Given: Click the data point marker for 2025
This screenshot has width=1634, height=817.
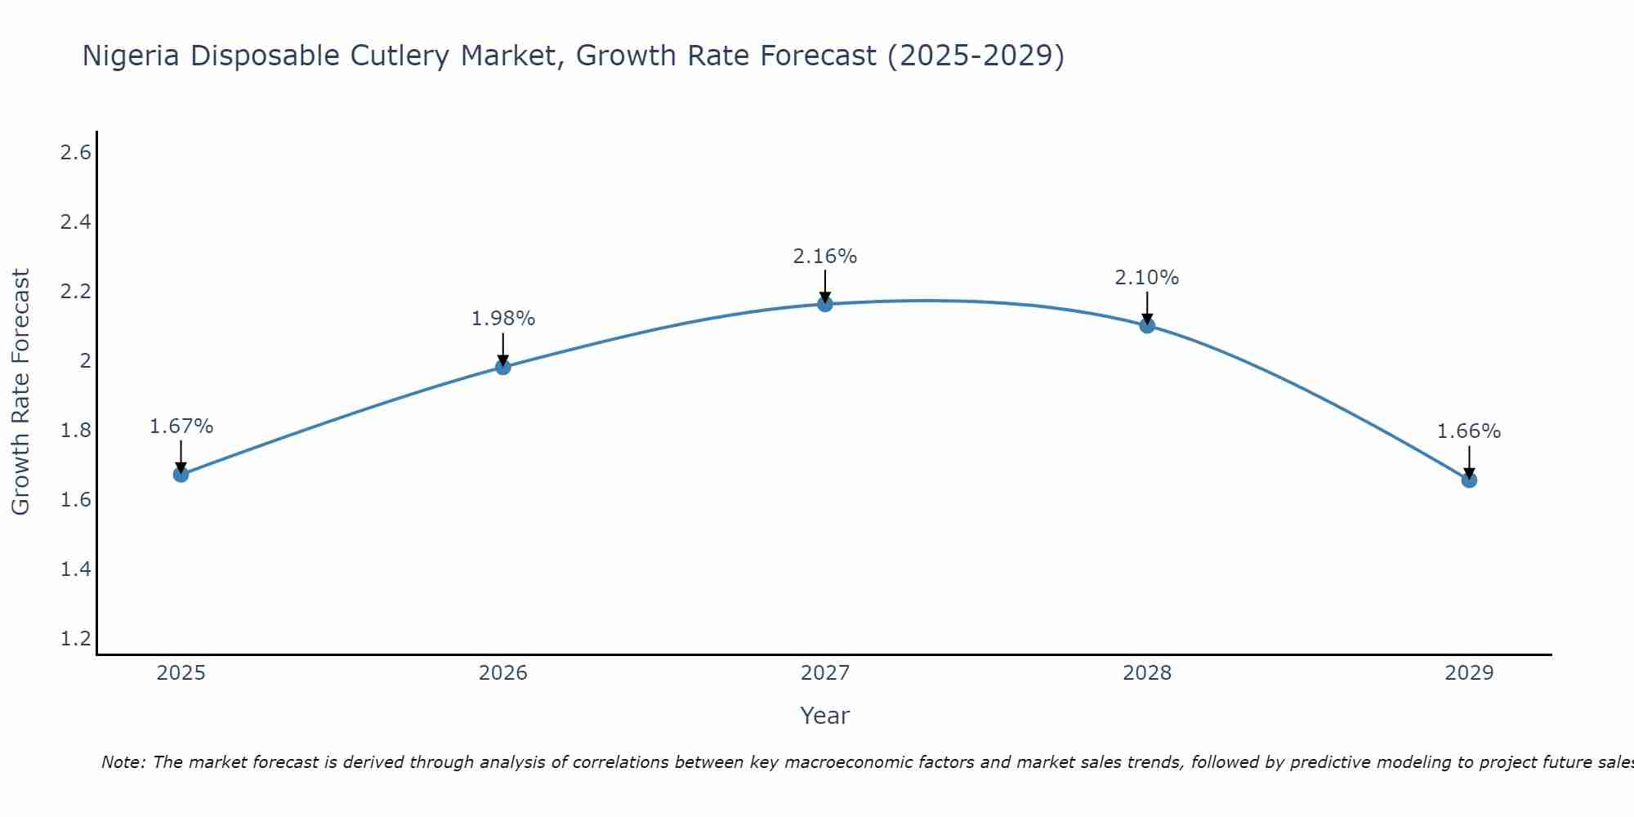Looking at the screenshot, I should tap(181, 475).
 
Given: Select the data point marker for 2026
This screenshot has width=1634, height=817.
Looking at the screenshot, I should tap(503, 367).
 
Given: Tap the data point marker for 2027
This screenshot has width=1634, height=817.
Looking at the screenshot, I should tap(825, 304).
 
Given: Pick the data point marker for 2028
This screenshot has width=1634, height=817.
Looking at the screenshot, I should tap(1147, 325).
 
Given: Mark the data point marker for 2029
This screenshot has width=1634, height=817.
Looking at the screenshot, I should tap(1469, 480).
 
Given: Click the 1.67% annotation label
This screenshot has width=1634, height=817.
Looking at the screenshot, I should tap(181, 426).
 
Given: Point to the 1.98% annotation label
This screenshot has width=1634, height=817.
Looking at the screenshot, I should tap(503, 319).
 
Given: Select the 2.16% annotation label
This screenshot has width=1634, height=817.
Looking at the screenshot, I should tap(825, 257).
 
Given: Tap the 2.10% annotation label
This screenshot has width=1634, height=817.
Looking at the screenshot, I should tap(1147, 278).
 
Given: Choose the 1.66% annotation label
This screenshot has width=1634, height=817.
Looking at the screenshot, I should tap(1469, 431).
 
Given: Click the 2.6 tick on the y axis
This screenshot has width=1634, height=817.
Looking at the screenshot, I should tap(76, 153).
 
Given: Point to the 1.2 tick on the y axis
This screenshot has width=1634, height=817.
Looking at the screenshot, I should tap(76, 638).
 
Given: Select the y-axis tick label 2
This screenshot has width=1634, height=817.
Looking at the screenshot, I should tap(85, 361).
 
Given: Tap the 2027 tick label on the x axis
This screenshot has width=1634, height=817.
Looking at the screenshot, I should tap(825, 673).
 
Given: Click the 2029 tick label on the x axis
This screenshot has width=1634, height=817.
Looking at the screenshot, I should tap(1469, 673).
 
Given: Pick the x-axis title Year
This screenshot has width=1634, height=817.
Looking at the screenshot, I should tap(825, 716).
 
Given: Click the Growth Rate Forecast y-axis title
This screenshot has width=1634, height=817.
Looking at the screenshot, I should tap(20, 392).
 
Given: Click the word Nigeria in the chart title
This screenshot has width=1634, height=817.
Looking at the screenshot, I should tap(132, 56).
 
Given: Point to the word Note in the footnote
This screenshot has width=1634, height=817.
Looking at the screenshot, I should tap(123, 762).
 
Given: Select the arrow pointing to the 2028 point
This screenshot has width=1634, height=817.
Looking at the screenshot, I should tap(1147, 308).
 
